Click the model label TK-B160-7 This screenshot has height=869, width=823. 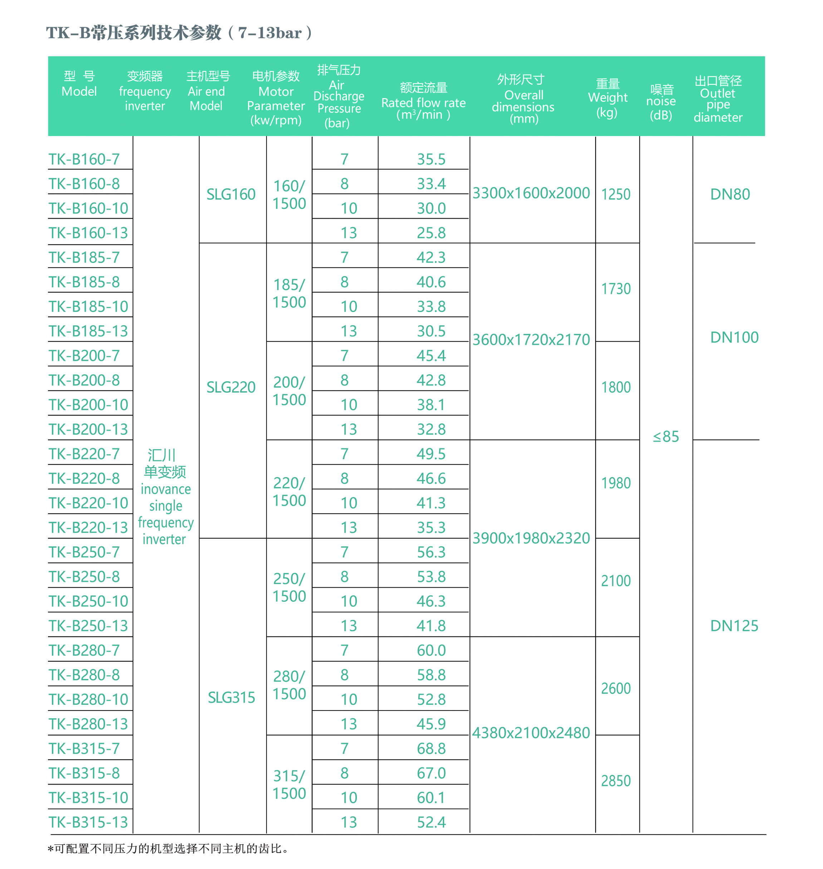(84, 159)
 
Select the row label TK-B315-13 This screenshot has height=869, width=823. (88, 822)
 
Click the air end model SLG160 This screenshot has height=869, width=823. (231, 194)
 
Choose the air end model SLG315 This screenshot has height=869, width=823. (231, 698)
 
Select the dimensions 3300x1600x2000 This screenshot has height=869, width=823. (531, 193)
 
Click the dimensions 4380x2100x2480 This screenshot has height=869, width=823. (531, 733)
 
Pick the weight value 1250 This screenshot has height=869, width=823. (616, 194)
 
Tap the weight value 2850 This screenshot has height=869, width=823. (616, 781)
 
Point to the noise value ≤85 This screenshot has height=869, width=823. (666, 437)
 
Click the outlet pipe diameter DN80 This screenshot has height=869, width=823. (730, 194)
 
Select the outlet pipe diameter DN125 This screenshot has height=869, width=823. (734, 625)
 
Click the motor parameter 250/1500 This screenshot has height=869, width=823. (289, 587)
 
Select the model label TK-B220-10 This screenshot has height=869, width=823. (88, 503)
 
